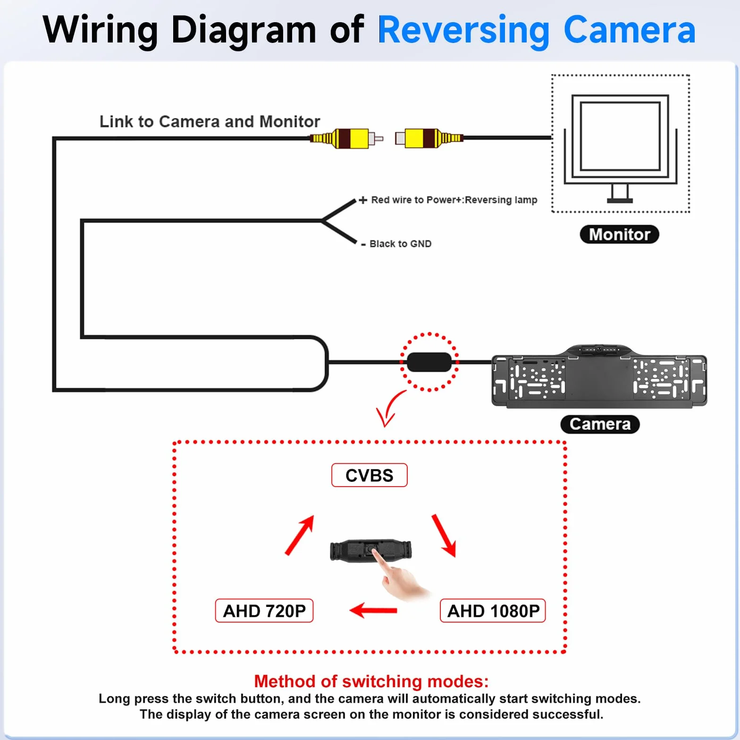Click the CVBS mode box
pyautogui.click(x=369, y=475)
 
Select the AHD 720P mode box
pyautogui.click(x=264, y=611)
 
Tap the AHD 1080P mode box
pyautogui.click(x=493, y=611)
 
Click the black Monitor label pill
pyautogui.click(x=619, y=235)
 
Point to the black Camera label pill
pyautogui.click(x=600, y=424)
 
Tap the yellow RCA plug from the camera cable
pyautogui.click(x=346, y=138)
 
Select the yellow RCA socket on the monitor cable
pyautogui.click(x=429, y=138)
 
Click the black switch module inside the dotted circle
pyautogui.click(x=429, y=362)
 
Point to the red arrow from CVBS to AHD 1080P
pyautogui.click(x=444, y=536)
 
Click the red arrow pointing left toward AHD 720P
pyautogui.click(x=373, y=610)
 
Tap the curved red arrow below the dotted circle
pyautogui.click(x=390, y=407)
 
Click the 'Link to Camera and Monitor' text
pyautogui.click(x=210, y=121)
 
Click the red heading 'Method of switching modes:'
pyautogui.click(x=371, y=681)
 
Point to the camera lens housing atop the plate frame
pyautogui.click(x=599, y=350)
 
